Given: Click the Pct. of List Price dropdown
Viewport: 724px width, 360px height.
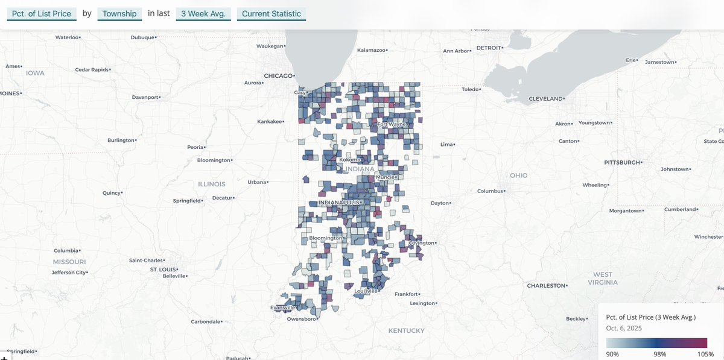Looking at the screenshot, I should [42, 14].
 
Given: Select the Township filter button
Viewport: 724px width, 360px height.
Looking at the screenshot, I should [119, 14].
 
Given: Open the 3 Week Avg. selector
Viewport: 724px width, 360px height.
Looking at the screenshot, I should [204, 14].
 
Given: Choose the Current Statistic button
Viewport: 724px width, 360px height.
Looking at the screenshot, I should [271, 14].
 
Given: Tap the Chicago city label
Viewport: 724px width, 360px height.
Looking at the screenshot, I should [278, 76].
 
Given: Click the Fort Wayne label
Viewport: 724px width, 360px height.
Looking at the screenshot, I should [391, 124].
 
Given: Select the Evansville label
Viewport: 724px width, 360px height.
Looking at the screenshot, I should [282, 308].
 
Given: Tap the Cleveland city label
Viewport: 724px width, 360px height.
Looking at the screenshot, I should [545, 98].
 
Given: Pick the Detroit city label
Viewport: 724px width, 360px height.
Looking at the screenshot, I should [489, 48].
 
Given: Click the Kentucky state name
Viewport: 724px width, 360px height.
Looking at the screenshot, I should [406, 330].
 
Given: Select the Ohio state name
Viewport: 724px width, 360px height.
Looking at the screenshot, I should [518, 175].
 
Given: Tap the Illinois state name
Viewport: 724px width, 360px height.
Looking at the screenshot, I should [211, 184].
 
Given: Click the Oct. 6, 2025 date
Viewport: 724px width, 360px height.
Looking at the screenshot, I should [624, 329].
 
